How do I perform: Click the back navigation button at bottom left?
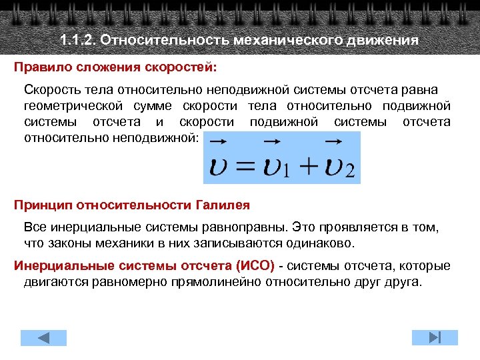pyautogui.click(x=43, y=337)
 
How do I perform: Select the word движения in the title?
pyautogui.click(x=382, y=40)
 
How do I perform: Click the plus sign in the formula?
pyautogui.click(x=308, y=167)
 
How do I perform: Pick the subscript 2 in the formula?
pyautogui.click(x=349, y=173)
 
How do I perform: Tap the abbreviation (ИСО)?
pyautogui.click(x=255, y=266)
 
